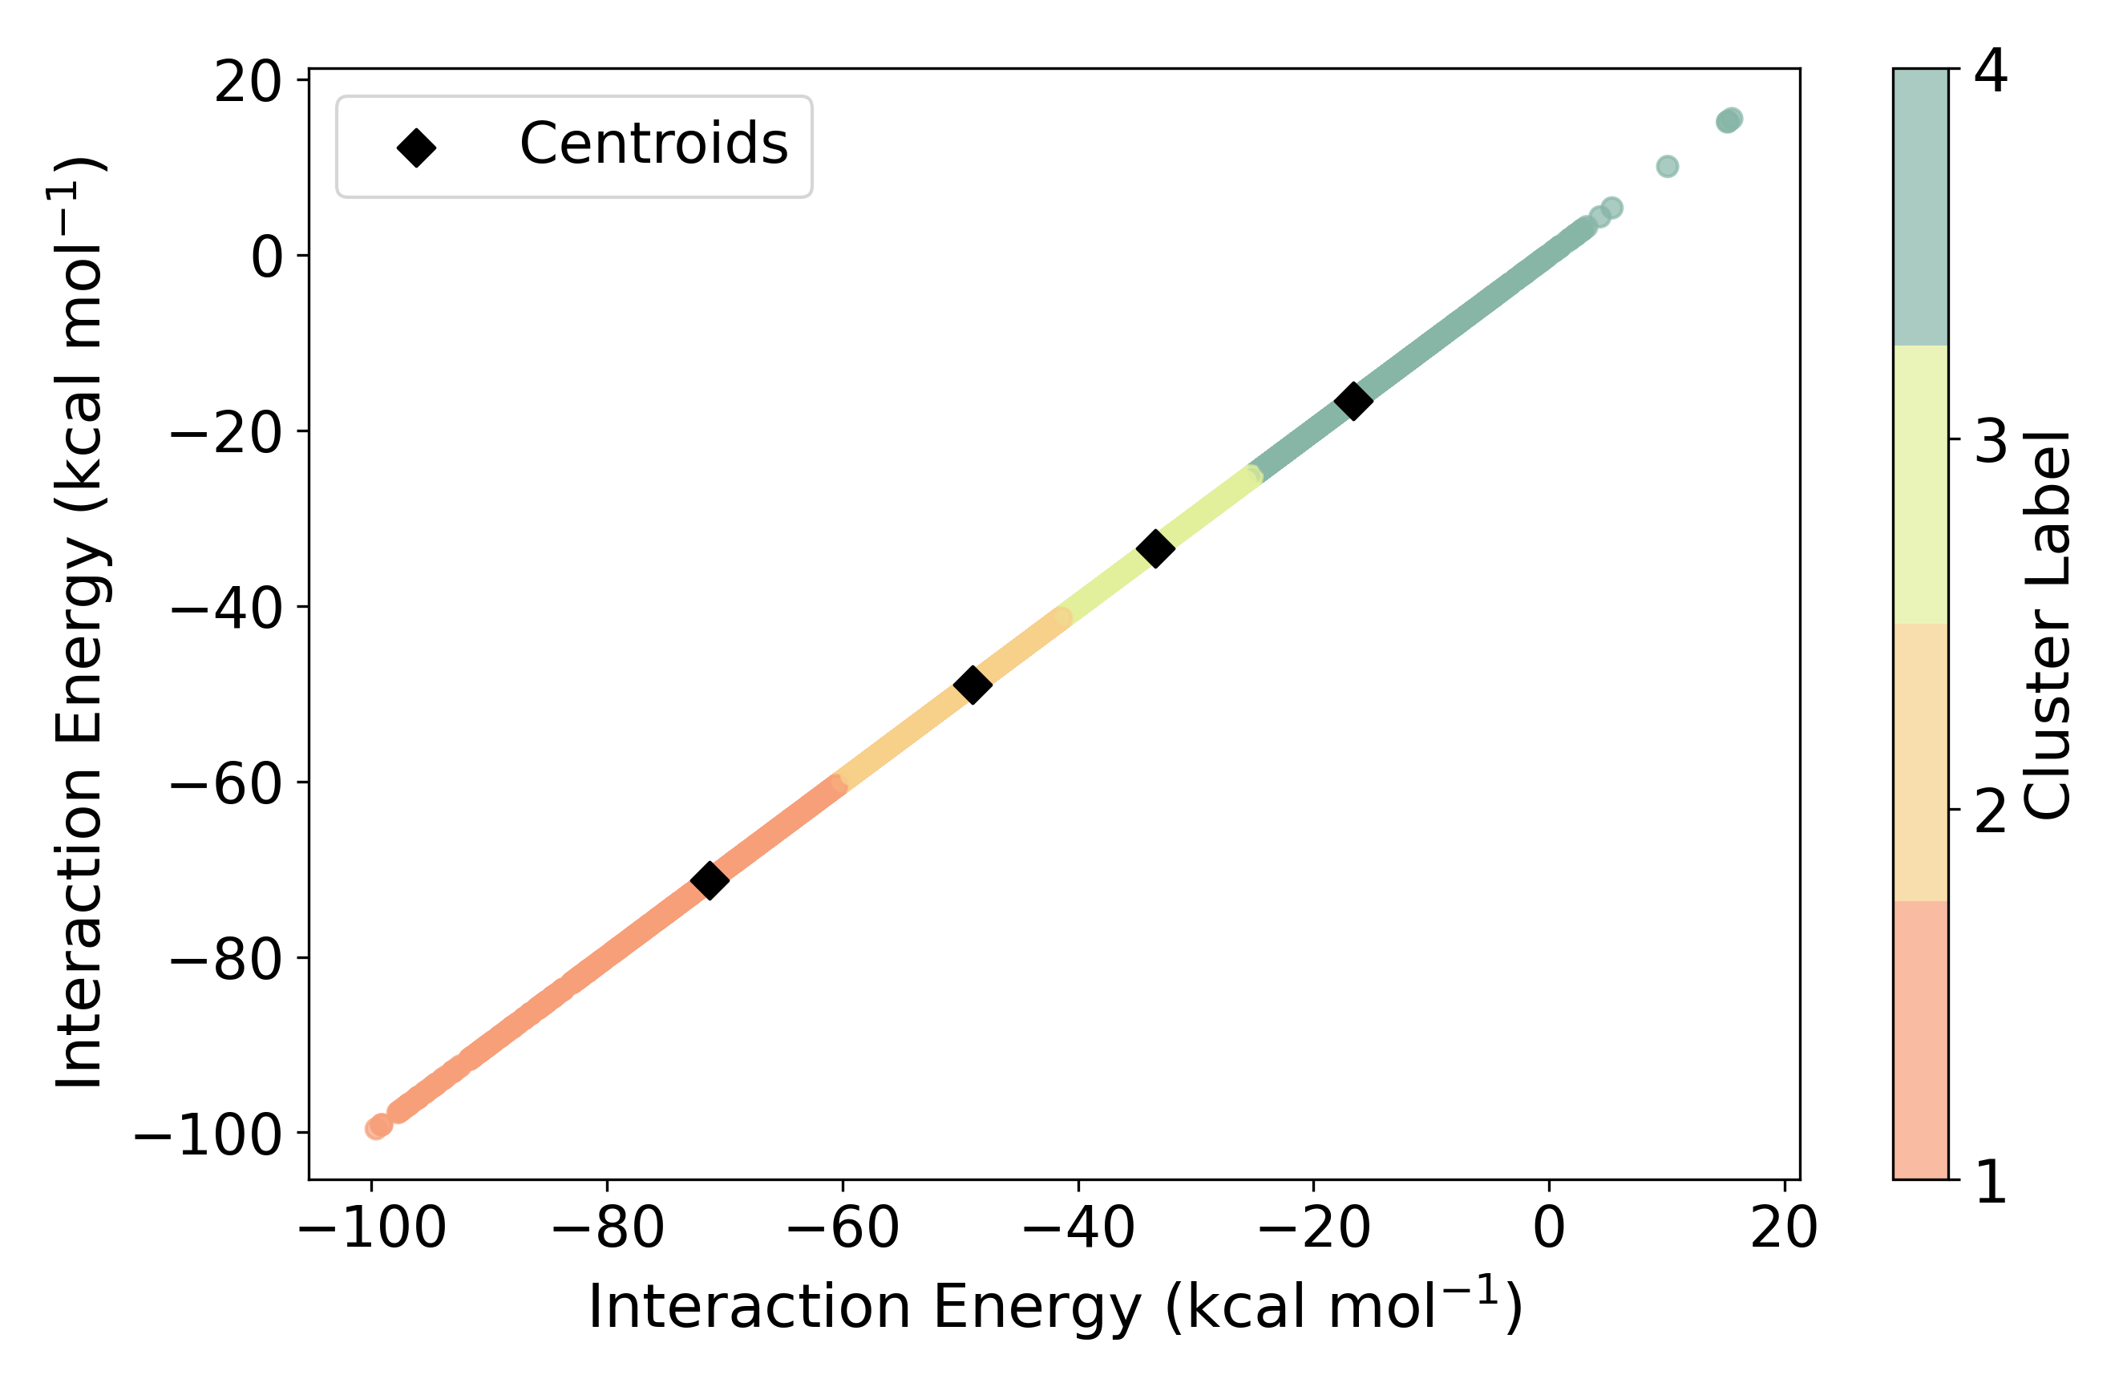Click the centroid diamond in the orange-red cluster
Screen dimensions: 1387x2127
click(710, 880)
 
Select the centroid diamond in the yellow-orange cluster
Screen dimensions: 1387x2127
click(973, 685)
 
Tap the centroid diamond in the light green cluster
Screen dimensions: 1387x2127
click(1154, 548)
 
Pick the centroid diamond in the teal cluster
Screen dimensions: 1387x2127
click(1353, 400)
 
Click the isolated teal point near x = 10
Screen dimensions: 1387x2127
click(1667, 166)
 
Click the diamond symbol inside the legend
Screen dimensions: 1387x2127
click(416, 148)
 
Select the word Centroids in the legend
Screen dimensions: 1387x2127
click(653, 144)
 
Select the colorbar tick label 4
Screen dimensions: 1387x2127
click(1992, 71)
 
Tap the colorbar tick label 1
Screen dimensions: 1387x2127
click(1992, 1183)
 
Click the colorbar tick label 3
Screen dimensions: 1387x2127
click(1992, 441)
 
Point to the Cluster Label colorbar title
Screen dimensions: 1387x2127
click(2047, 625)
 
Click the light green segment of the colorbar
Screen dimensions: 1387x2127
click(1921, 484)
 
